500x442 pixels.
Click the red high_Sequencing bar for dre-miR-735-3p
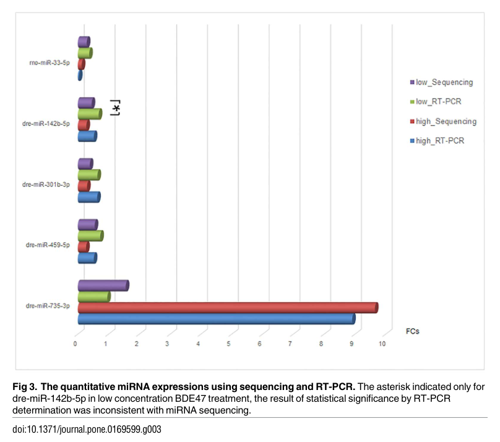coord(227,308)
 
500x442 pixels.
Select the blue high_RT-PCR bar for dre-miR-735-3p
coord(216,318)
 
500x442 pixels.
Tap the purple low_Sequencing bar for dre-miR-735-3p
coord(103,285)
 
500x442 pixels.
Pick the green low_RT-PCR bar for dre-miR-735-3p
coord(93,297)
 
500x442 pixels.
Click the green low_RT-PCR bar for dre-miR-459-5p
coord(90,236)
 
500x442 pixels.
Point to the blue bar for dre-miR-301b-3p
coord(88,197)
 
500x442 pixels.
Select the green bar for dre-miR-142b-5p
coord(89,114)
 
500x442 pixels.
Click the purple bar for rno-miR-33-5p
coord(84,42)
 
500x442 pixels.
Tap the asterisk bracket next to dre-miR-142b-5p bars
coord(115,108)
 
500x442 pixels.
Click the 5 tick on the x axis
coord(229,344)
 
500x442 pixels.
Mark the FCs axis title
coord(412,331)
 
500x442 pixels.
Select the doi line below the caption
coord(87,430)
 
